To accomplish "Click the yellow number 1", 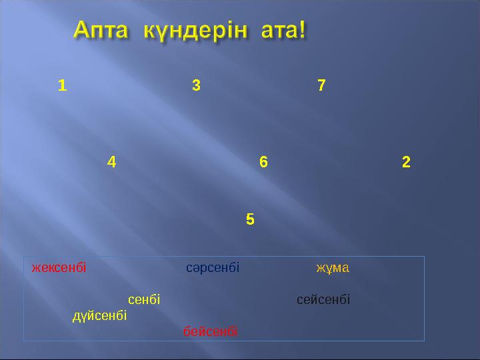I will click(x=62, y=85).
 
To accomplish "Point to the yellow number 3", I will click(x=196, y=85).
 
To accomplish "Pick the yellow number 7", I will click(x=322, y=85).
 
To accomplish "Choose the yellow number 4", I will click(x=111, y=161).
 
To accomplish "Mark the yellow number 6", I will click(x=263, y=161).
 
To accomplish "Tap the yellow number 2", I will click(x=406, y=161).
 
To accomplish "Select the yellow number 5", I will click(x=250, y=219).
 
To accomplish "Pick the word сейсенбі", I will click(x=323, y=299).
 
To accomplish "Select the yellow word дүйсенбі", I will click(x=100, y=315).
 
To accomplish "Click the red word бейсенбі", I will click(x=211, y=331).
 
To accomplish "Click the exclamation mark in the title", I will click(x=303, y=30).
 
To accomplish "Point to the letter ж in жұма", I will click(x=319, y=269).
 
